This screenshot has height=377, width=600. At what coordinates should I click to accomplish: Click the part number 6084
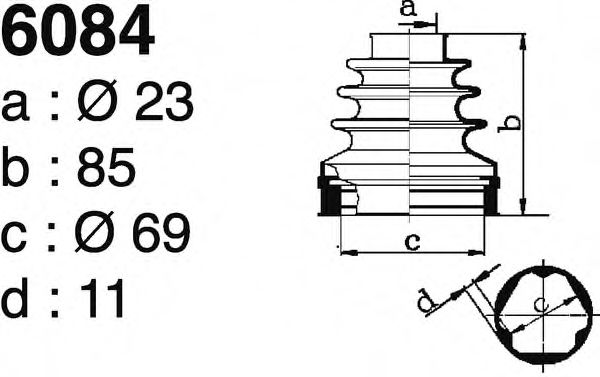[78, 30]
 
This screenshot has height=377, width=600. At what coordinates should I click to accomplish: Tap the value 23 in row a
[164, 101]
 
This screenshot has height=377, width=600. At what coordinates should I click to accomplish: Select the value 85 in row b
[106, 167]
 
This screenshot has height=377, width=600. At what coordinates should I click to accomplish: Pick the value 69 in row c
[161, 232]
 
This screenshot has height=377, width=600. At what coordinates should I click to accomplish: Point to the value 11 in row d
[103, 298]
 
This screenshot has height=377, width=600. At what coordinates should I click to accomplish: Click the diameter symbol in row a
[97, 100]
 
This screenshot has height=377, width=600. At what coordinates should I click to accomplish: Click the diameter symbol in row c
[95, 232]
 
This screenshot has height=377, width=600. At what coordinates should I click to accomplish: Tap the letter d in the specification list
[15, 298]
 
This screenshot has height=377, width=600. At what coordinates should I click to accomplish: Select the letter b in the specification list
[15, 167]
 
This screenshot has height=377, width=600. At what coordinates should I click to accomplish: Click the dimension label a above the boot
[408, 8]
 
